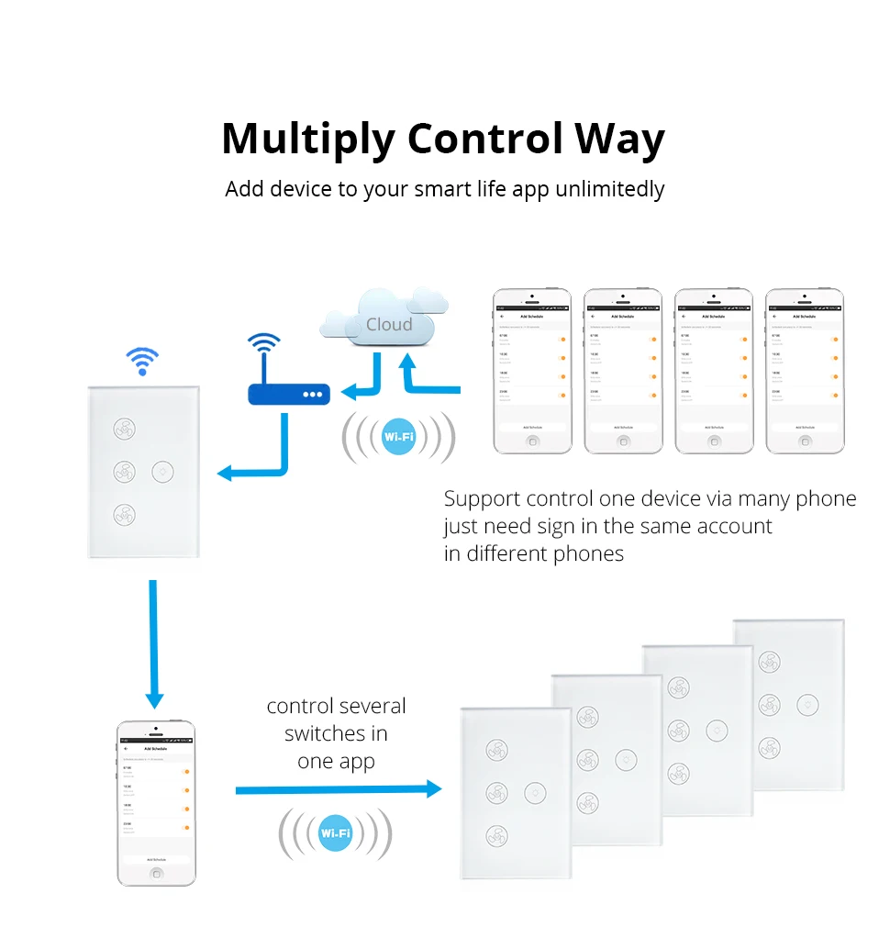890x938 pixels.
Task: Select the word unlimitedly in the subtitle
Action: tap(609, 189)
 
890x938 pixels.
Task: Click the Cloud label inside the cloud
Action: tap(389, 324)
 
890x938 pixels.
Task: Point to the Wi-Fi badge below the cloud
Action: tap(398, 437)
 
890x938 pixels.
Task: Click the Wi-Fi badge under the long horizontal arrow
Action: tap(335, 833)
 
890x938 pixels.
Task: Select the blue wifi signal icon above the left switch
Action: tap(142, 362)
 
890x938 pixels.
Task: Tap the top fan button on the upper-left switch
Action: tap(125, 429)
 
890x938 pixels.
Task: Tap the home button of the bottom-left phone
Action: tap(156, 872)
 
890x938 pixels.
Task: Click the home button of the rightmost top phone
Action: tap(805, 440)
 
